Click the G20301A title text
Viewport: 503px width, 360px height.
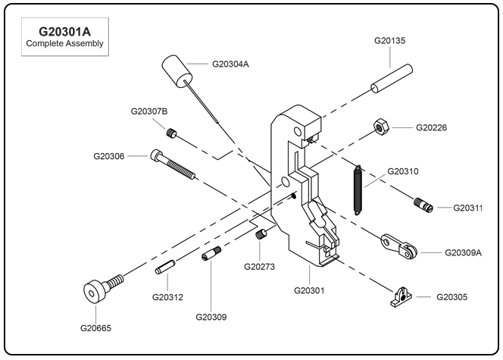(x=64, y=33)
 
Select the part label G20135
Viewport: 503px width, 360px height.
(x=391, y=41)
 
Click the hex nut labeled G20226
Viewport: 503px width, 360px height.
(x=382, y=127)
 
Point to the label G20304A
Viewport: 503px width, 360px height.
(x=230, y=64)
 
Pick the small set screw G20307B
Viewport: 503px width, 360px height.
(x=173, y=135)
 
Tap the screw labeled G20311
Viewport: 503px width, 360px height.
(x=423, y=205)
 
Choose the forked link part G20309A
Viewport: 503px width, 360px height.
(x=399, y=245)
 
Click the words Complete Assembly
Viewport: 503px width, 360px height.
(x=64, y=45)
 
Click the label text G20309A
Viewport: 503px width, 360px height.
(x=463, y=252)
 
